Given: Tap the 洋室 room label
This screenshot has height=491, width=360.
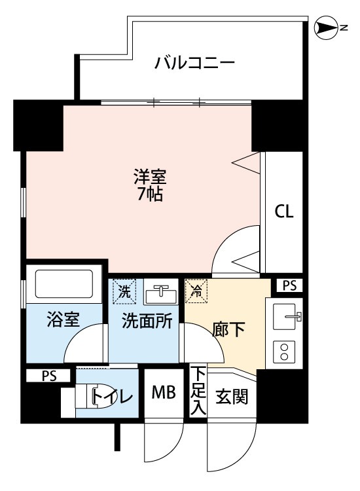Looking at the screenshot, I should click(150, 177).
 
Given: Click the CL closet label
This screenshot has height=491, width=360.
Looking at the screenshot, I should click(284, 211).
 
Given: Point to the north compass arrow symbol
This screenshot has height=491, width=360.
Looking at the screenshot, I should click(325, 27).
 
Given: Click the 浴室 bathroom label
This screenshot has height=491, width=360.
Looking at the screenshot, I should click(63, 320).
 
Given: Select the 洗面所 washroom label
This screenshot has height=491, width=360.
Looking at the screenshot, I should click(145, 320).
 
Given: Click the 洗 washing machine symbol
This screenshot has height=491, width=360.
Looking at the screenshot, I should click(124, 291).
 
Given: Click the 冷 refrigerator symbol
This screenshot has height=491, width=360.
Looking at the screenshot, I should click(196, 292).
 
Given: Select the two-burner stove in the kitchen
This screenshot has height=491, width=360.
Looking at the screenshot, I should click(285, 352).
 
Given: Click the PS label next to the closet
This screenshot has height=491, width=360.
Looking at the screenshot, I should click(289, 285).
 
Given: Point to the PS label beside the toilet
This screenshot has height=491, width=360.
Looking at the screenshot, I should click(50, 376).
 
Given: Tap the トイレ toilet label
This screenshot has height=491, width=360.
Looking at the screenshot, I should click(113, 396).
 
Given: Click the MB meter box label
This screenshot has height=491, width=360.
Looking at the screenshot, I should click(164, 393).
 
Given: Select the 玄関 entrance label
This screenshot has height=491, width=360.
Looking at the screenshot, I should click(232, 396).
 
